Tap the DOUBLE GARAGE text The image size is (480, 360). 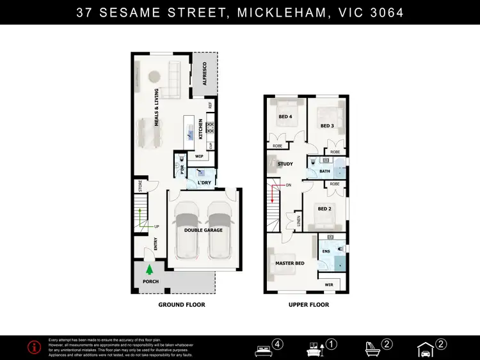click(x=204, y=230)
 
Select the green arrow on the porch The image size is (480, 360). click(x=149, y=270)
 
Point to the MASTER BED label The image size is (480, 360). click(x=290, y=263)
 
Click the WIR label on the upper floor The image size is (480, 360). click(x=329, y=284)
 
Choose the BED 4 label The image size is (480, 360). click(x=285, y=117)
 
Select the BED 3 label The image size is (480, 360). click(x=327, y=126)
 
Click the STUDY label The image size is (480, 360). click(x=285, y=164)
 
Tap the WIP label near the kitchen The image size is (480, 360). click(x=199, y=156)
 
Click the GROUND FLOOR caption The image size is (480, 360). click(x=182, y=305)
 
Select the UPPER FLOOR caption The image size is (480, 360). click(x=308, y=305)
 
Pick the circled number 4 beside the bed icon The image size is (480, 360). click(x=278, y=344)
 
